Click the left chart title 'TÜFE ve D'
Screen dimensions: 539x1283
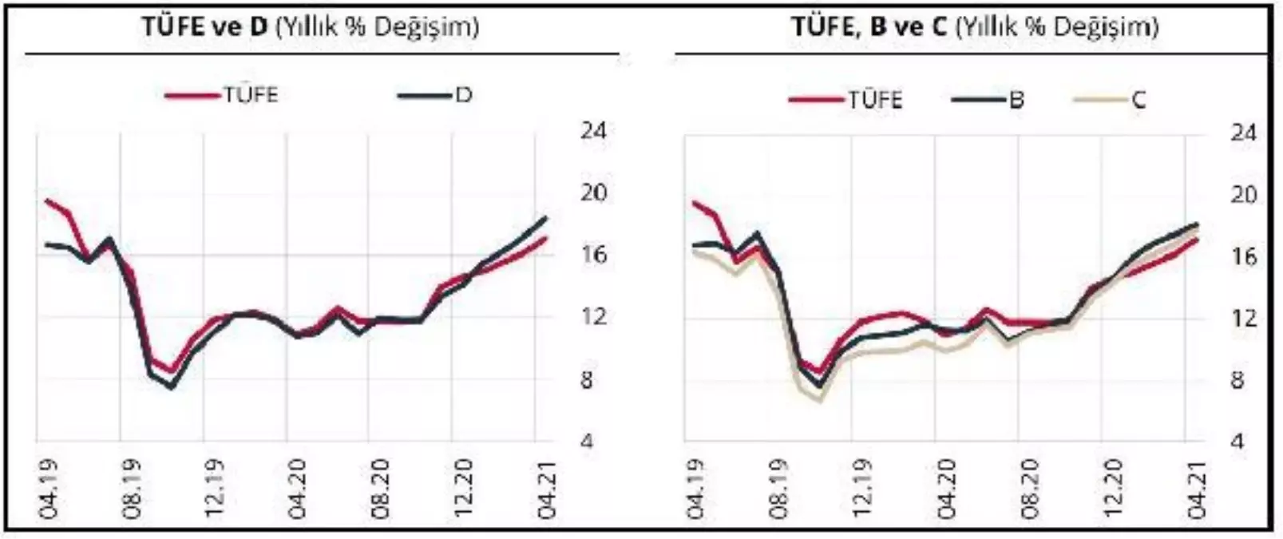(x=205, y=27)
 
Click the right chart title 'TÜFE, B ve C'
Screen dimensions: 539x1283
(x=868, y=27)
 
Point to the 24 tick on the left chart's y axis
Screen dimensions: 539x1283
(x=593, y=130)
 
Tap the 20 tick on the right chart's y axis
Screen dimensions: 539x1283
(x=1243, y=194)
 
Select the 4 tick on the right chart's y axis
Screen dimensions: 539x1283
(x=1237, y=441)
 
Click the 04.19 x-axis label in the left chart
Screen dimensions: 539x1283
(x=48, y=489)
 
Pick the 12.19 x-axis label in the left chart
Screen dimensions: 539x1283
(x=214, y=489)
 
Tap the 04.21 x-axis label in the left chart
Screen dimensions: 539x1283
(x=546, y=489)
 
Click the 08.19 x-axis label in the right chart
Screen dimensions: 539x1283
(x=779, y=489)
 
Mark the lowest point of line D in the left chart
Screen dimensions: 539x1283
(x=171, y=388)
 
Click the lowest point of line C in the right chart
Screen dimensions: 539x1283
(x=820, y=399)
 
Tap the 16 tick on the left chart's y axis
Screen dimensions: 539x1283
(x=593, y=255)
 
